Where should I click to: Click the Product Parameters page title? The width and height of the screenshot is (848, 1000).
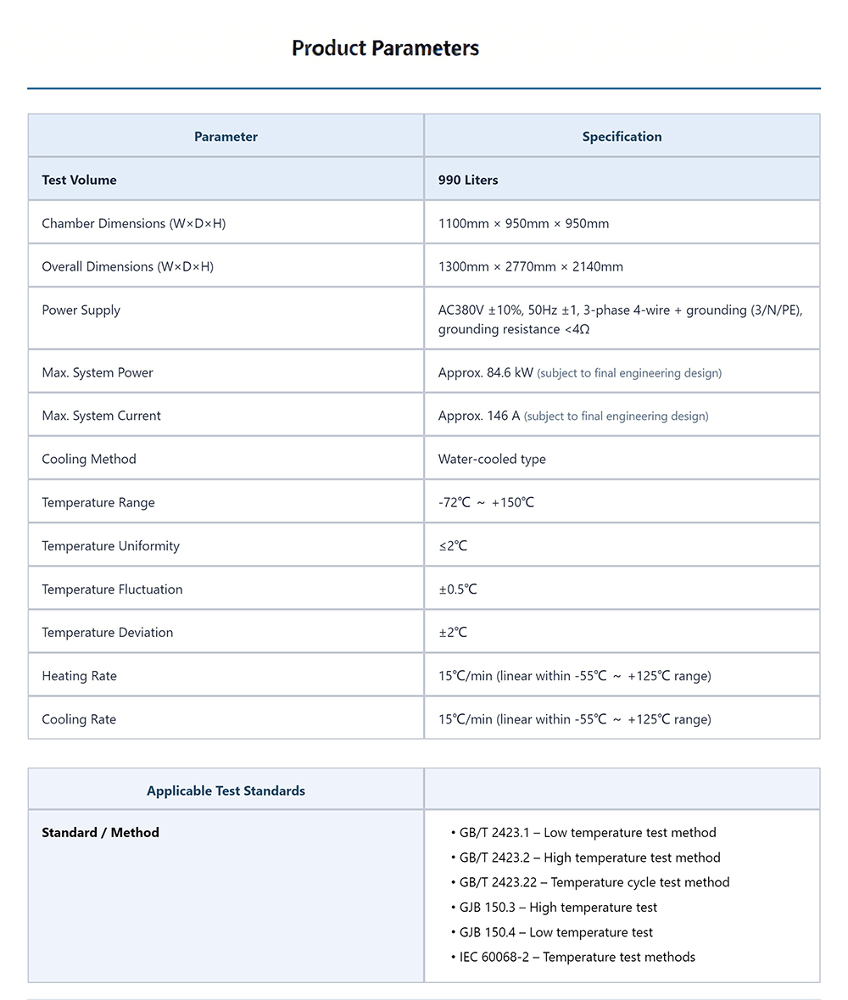(x=385, y=48)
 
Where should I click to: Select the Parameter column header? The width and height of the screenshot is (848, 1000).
(x=226, y=137)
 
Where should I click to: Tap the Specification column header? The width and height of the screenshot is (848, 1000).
(x=622, y=137)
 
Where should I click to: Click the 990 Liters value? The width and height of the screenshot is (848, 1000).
(x=468, y=180)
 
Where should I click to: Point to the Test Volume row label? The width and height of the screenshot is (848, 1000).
(x=79, y=180)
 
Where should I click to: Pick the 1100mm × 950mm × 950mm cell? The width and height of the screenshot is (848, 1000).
(x=523, y=224)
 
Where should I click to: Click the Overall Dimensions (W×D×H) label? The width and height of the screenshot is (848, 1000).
(x=127, y=267)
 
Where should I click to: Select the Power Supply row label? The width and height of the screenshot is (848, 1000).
(x=81, y=310)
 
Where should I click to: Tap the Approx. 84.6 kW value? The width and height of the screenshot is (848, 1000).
(x=486, y=373)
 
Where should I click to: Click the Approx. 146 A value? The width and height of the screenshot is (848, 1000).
(x=479, y=416)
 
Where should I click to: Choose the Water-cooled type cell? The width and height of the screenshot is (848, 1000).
(x=492, y=460)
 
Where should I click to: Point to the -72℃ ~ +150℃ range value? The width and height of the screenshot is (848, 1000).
(x=486, y=503)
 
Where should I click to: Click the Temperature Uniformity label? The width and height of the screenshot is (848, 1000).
(x=110, y=546)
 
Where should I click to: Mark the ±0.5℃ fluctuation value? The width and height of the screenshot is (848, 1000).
(x=457, y=589)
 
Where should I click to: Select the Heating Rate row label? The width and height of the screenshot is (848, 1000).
(x=79, y=676)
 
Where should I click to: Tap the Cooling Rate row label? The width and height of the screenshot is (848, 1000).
(x=79, y=719)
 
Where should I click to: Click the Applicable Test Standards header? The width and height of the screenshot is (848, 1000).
(x=226, y=791)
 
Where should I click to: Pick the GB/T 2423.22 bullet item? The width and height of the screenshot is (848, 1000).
(x=594, y=882)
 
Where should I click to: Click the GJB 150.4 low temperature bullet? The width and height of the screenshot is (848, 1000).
(x=555, y=932)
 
